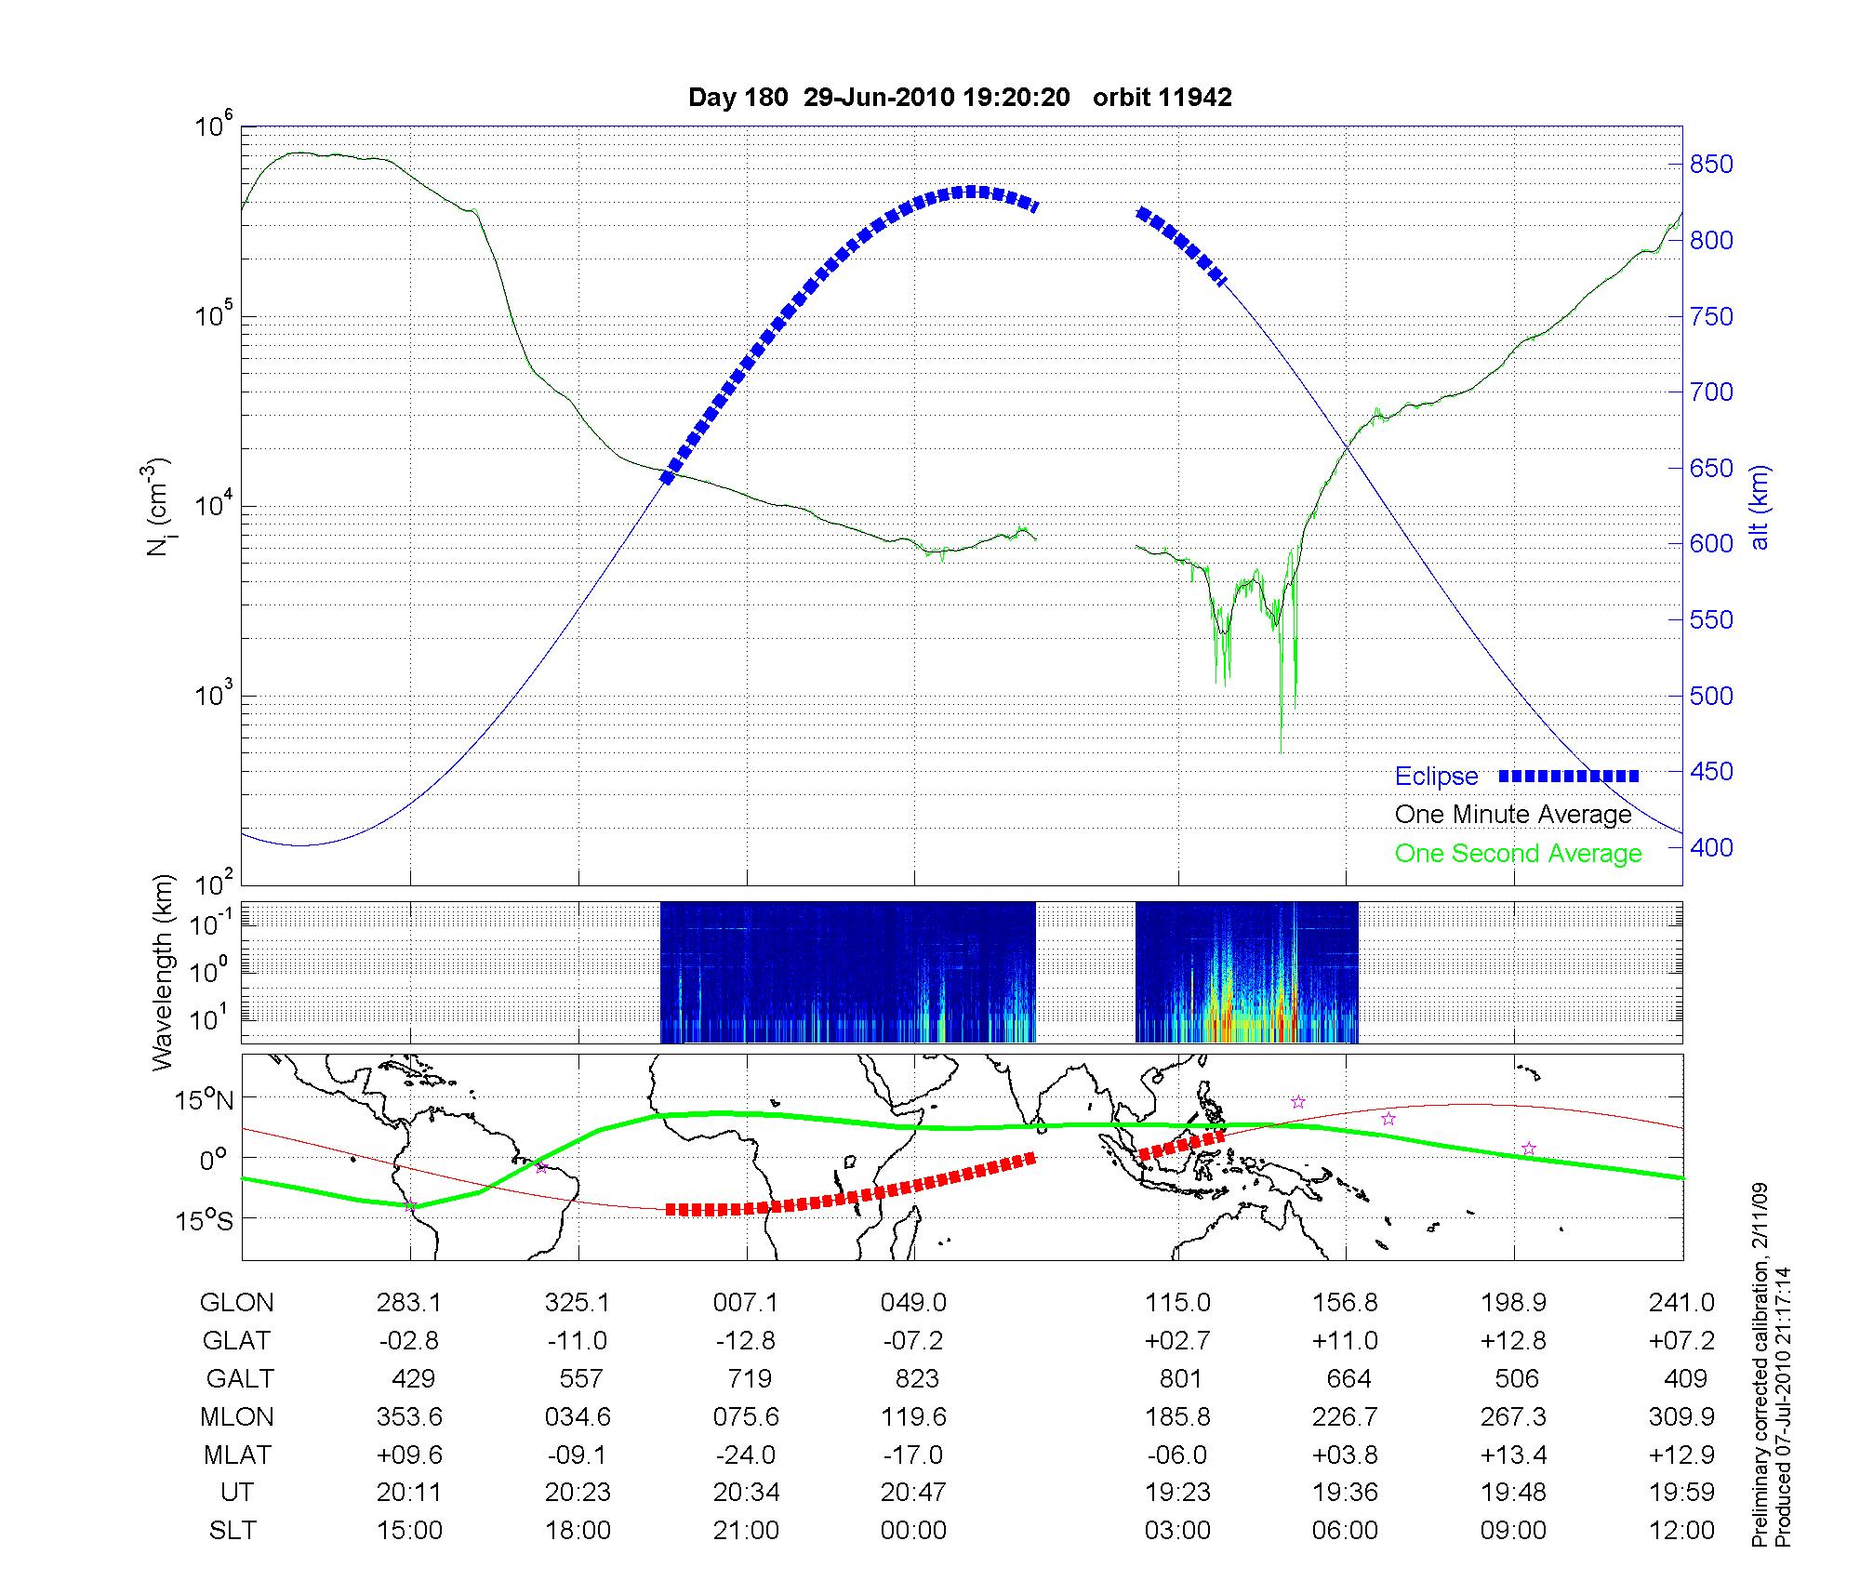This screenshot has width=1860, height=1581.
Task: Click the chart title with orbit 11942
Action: click(960, 98)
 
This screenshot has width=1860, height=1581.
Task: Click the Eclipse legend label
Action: click(1436, 777)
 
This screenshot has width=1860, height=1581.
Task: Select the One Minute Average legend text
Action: click(1513, 815)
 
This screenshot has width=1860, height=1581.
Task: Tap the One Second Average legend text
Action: click(1518, 854)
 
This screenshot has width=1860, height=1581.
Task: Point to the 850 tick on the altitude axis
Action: click(1712, 165)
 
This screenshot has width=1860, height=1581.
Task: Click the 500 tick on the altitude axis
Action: click(1712, 696)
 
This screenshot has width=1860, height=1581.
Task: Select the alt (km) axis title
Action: click(1760, 507)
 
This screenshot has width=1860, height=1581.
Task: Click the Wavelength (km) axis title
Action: click(164, 972)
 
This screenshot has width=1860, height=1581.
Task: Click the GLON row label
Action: click(236, 1303)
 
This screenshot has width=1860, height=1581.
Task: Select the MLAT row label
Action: click(236, 1455)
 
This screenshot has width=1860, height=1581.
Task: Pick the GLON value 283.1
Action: click(409, 1303)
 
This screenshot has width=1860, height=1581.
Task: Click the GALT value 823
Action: click(916, 1378)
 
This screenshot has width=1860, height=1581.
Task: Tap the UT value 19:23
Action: click(1178, 1493)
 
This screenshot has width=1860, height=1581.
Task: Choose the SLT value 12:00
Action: click(1683, 1531)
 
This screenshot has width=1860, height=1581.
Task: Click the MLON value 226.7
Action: click(1346, 1417)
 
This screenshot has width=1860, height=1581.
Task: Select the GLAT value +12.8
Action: click(1514, 1341)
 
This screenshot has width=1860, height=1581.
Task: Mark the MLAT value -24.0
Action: click(745, 1455)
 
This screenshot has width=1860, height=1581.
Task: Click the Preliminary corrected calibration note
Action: click(1760, 1367)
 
